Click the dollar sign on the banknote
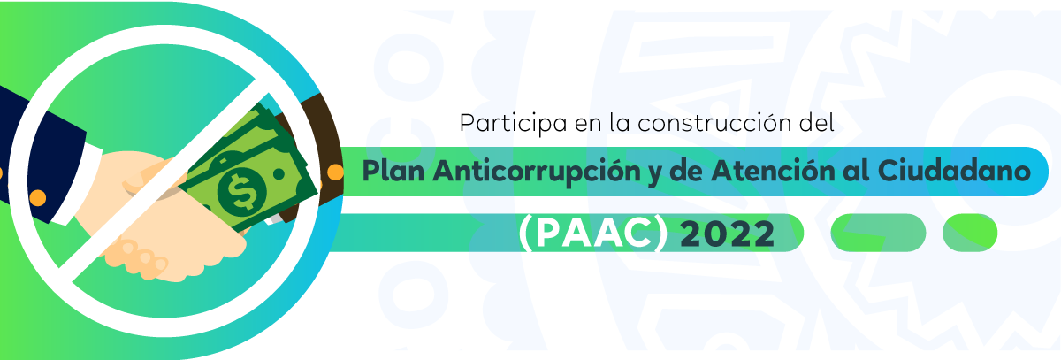pos(242,191)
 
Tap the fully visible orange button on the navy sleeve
pos(37,197)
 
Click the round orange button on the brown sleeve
pos(335,172)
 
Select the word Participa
pos(513,123)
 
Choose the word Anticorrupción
pos(537,172)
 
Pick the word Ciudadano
pos(954,171)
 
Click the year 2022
pos(727,234)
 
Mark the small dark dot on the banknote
pos(279,174)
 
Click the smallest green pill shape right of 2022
pos(970,233)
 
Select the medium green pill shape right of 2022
pos(878,233)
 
